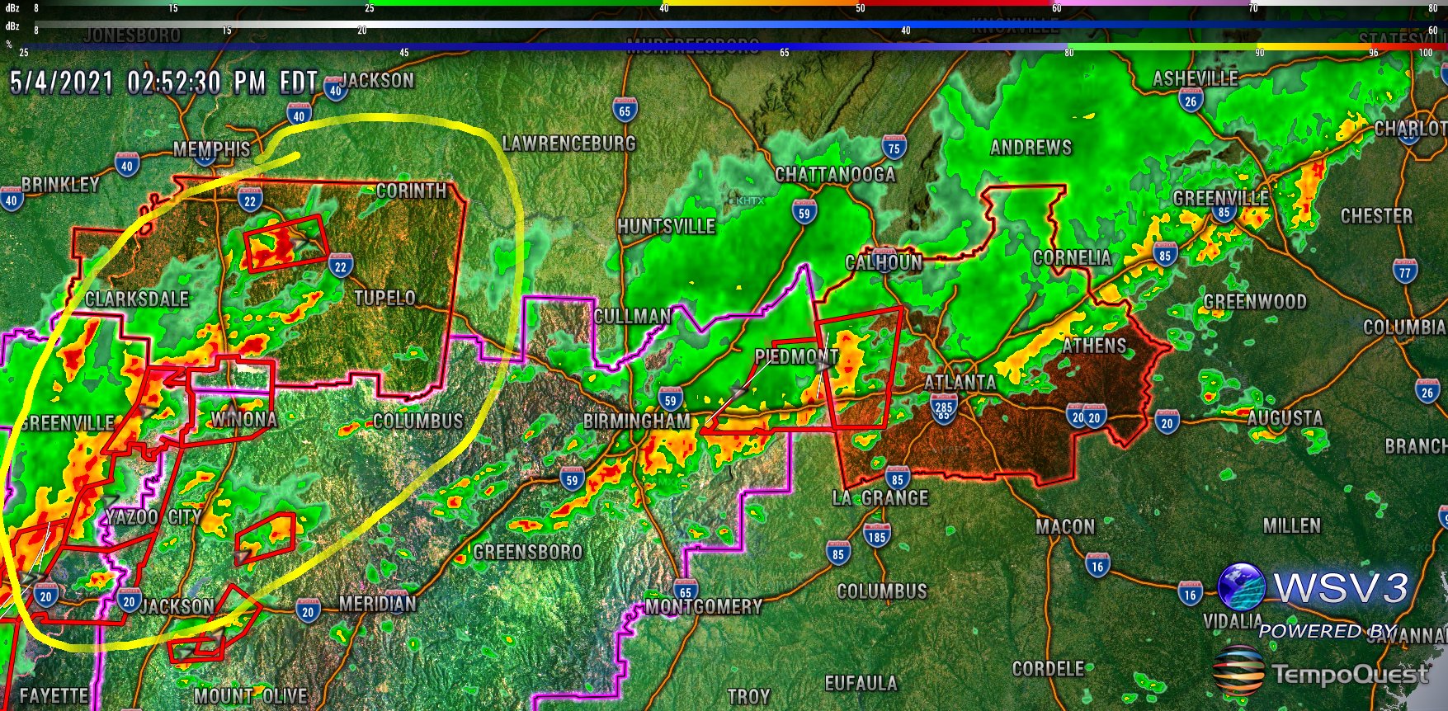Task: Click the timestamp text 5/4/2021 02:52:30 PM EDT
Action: tap(163, 82)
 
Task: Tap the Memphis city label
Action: tap(212, 149)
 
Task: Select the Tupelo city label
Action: tap(384, 298)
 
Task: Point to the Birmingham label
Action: tap(637, 421)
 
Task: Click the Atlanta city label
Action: tap(960, 382)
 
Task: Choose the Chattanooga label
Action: tap(835, 175)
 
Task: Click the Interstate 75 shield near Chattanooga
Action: tap(894, 148)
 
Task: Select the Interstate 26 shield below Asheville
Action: tap(1190, 101)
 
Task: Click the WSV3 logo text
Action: tap(1341, 587)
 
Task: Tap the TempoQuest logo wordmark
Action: tap(1350, 674)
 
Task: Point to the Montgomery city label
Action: tap(704, 607)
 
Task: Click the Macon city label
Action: tap(1065, 526)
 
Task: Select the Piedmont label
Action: tap(796, 356)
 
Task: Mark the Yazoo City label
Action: tap(153, 517)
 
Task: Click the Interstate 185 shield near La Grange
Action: tap(876, 536)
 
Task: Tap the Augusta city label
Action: tap(1285, 418)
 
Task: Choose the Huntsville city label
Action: tap(666, 226)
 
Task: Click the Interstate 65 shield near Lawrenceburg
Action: tap(625, 110)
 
